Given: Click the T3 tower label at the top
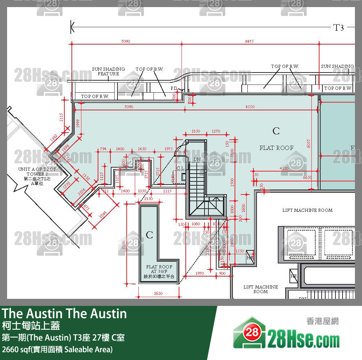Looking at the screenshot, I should [x=339, y=28].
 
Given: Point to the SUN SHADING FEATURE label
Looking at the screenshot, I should [x=108, y=71].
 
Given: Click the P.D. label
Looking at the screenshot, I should [x=174, y=88].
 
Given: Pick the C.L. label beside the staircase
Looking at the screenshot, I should [x=180, y=168].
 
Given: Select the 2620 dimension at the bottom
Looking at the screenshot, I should [x=158, y=294].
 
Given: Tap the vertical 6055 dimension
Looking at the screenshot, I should [x=308, y=143].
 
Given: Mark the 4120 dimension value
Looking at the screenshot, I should [x=284, y=168].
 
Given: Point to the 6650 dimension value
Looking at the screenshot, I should [x=307, y=178].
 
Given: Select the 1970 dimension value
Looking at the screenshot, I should [x=199, y=273].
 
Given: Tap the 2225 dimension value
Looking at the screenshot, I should [x=167, y=191].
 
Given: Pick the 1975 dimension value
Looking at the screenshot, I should [x=169, y=149].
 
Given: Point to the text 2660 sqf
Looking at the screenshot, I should [x=17, y=349].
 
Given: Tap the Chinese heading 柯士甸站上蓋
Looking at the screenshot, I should [x=31, y=325].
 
